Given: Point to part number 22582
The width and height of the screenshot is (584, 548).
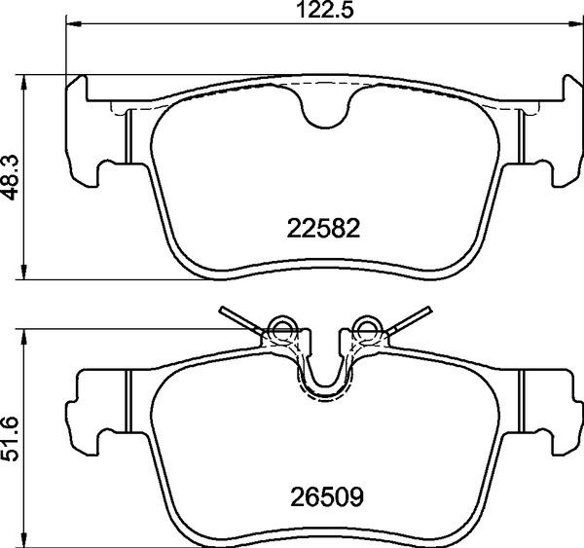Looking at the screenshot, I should tap(324, 229).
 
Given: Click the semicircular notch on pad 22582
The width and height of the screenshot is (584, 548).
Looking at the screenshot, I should tap(325, 109).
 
